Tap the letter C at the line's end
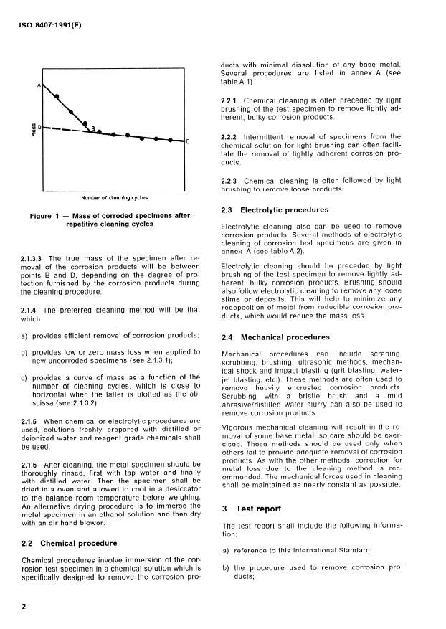coord(187,141)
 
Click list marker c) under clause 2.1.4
coord(25,377)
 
